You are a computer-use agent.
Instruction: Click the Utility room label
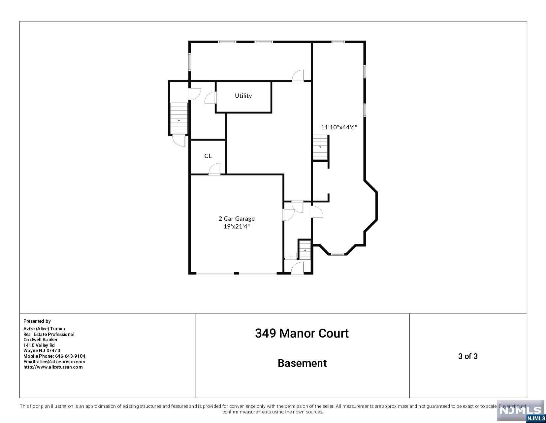[243, 95]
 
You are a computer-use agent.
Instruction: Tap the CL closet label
[208, 156]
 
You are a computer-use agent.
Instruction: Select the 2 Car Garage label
[237, 218]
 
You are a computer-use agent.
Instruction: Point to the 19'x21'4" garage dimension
[237, 226]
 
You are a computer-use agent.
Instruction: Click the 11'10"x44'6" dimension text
[339, 127]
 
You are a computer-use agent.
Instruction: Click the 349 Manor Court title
[302, 333]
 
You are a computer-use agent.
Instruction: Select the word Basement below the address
[302, 363]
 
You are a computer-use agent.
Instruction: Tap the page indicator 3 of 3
[467, 356]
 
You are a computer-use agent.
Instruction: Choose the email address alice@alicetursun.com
[61, 362]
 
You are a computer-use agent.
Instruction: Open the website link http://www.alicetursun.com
[53, 367]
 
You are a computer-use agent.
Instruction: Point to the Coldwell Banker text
[41, 340]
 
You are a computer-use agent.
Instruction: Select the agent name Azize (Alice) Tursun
[44, 329]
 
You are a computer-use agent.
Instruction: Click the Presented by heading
[37, 321]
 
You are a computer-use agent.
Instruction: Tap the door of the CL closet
[214, 169]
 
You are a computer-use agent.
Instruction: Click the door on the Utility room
[210, 97]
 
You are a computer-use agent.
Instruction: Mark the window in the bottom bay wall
[337, 254]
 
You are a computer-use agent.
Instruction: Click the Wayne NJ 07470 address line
[42, 350]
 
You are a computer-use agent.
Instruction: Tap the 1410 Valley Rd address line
[39, 345]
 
